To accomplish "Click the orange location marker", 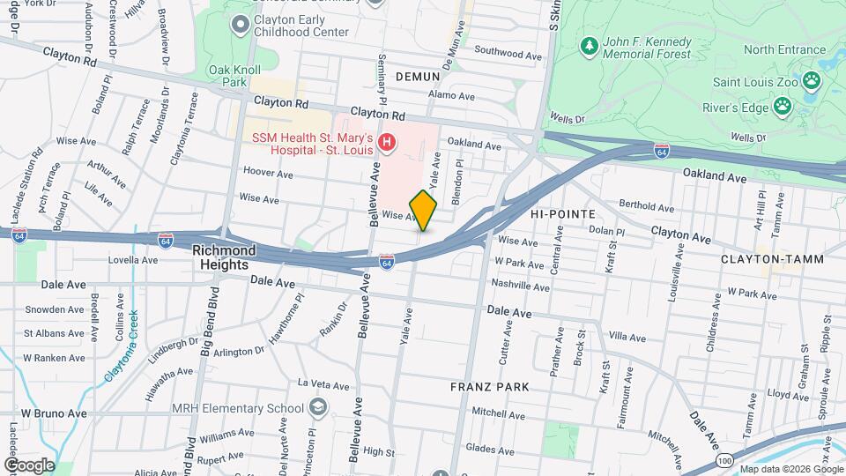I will tap(423, 211).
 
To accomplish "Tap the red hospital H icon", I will tap(385, 142).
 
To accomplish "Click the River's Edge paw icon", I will tap(782, 108).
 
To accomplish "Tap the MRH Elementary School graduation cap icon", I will tap(317, 407).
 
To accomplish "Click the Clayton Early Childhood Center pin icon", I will tap(237, 26).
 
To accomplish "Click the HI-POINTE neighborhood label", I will tap(563, 214).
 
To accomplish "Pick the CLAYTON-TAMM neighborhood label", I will tap(759, 259).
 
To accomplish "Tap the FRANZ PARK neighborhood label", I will tap(489, 386).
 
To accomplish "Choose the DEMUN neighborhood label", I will tap(417, 77).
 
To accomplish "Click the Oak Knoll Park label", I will tap(226, 76).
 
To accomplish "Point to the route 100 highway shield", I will tap(724, 460).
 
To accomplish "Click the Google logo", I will tap(29, 465).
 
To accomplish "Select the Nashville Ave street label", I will tap(521, 286).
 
